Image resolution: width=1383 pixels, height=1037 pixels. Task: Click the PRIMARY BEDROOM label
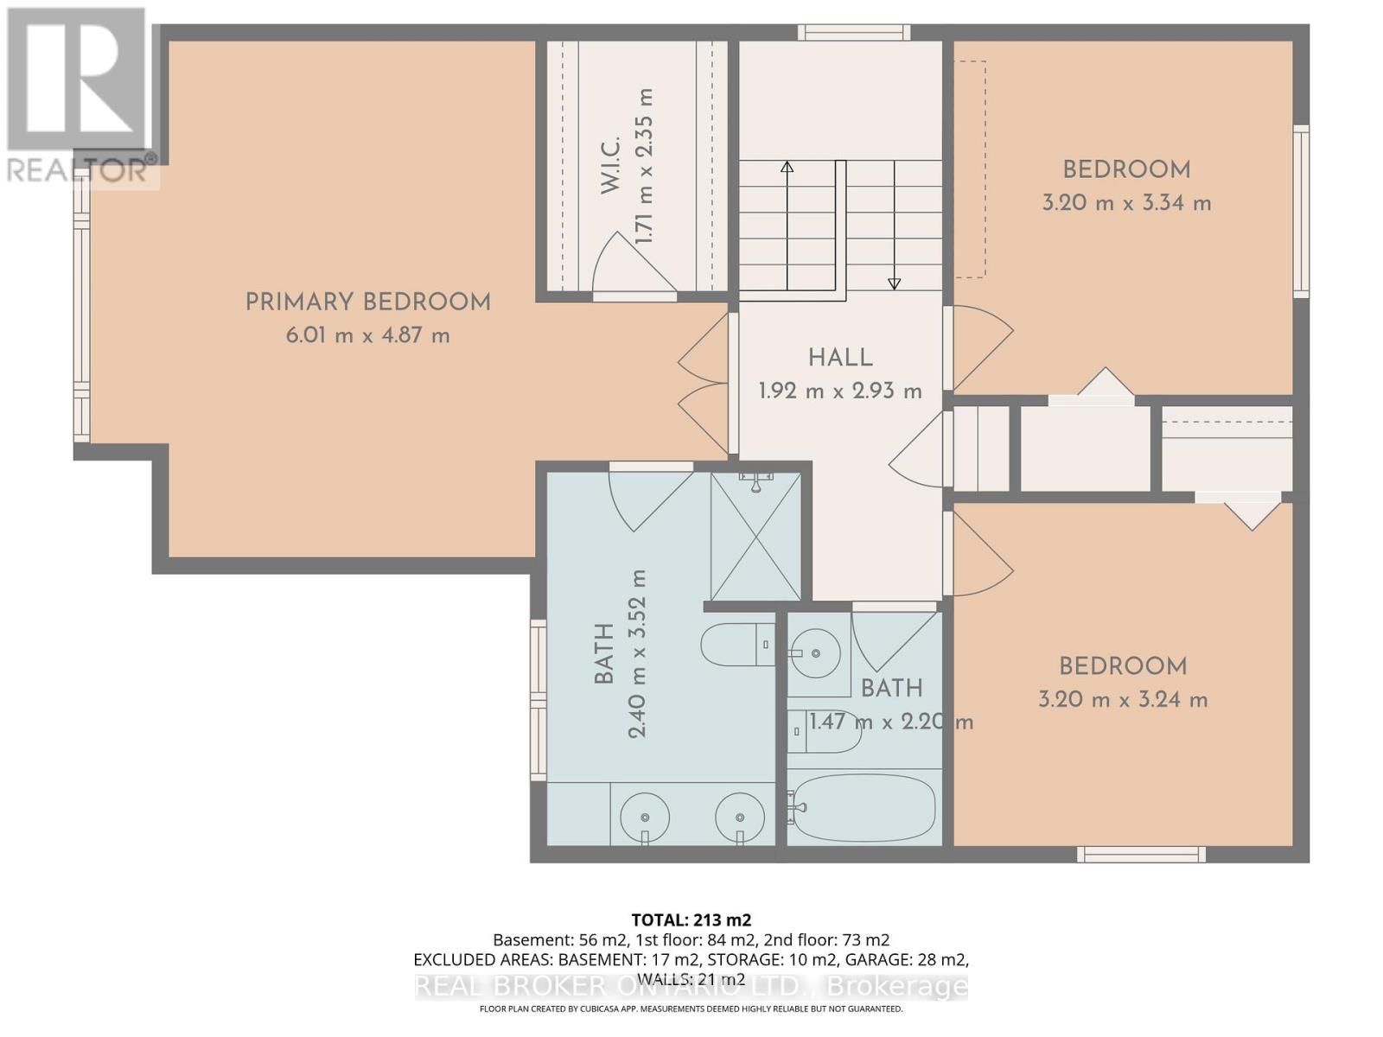click(367, 302)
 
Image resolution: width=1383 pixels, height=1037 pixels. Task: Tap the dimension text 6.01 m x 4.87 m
click(367, 335)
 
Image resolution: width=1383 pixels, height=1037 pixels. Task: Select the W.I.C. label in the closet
click(610, 164)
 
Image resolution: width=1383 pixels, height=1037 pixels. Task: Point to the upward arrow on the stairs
click(787, 167)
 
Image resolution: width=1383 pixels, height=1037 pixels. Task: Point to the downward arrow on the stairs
click(895, 283)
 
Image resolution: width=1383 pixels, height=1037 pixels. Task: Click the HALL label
click(840, 358)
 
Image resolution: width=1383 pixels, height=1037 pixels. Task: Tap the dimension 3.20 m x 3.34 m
click(1125, 203)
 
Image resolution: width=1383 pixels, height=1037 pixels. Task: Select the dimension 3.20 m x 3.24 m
click(1122, 700)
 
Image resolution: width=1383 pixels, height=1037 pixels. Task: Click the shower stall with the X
click(756, 536)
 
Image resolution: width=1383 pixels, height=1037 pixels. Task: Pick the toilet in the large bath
click(735, 645)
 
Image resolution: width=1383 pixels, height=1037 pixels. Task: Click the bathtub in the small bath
click(863, 808)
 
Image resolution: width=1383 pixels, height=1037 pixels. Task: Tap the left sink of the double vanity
click(644, 815)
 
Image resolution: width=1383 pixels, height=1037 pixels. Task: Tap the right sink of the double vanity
click(740, 815)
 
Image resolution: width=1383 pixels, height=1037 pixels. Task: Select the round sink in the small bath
click(815, 653)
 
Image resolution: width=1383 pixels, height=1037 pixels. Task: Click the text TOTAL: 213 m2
click(691, 919)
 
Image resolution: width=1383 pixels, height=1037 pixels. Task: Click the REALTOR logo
click(78, 95)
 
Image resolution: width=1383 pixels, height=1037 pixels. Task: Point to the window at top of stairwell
click(853, 33)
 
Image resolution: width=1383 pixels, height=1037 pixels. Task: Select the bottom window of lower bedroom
click(1141, 855)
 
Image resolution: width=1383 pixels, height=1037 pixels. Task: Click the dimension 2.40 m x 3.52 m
click(637, 653)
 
